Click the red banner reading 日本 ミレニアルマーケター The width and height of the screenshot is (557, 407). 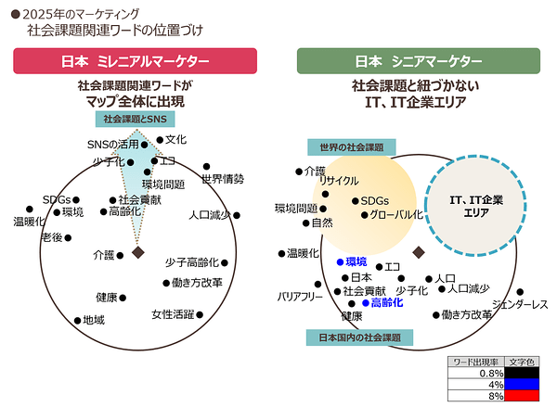coord(135,61)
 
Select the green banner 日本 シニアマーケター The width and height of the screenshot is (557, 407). coord(419,61)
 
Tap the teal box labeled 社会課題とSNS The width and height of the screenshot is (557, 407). coord(135,119)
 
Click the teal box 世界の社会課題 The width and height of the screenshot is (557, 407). coord(352,146)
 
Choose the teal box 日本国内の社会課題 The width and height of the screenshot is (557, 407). coord(359,337)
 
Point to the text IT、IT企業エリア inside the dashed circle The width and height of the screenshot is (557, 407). coord(476,206)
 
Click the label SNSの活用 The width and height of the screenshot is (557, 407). coord(113,145)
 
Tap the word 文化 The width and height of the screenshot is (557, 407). coord(175,139)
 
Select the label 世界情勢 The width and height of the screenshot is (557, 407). coord(223,179)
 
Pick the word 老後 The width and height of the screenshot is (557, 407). coord(52,237)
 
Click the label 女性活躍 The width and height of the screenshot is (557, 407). coord(173,314)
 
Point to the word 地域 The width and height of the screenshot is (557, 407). coord(94,320)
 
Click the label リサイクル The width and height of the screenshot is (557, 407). coord(339,181)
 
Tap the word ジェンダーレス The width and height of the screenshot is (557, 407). coord(520,304)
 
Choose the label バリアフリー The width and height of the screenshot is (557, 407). coord(300,297)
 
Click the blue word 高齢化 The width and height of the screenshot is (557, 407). coord(387,302)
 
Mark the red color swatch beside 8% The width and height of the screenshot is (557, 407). coord(522,396)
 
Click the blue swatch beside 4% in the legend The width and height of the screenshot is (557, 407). coord(522,385)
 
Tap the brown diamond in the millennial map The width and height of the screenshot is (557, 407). coord(138,253)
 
